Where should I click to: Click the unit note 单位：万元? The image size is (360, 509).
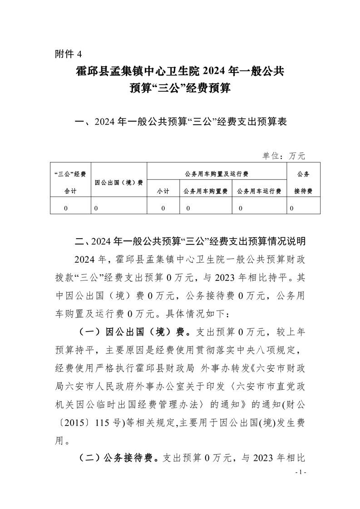[x=284, y=156]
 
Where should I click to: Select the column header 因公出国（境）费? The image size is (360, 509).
[x=119, y=182]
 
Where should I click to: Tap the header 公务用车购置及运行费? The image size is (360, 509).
[x=217, y=174]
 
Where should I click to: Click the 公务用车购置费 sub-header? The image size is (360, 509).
[x=205, y=191]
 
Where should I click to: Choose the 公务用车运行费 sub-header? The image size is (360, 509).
[x=259, y=191]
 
